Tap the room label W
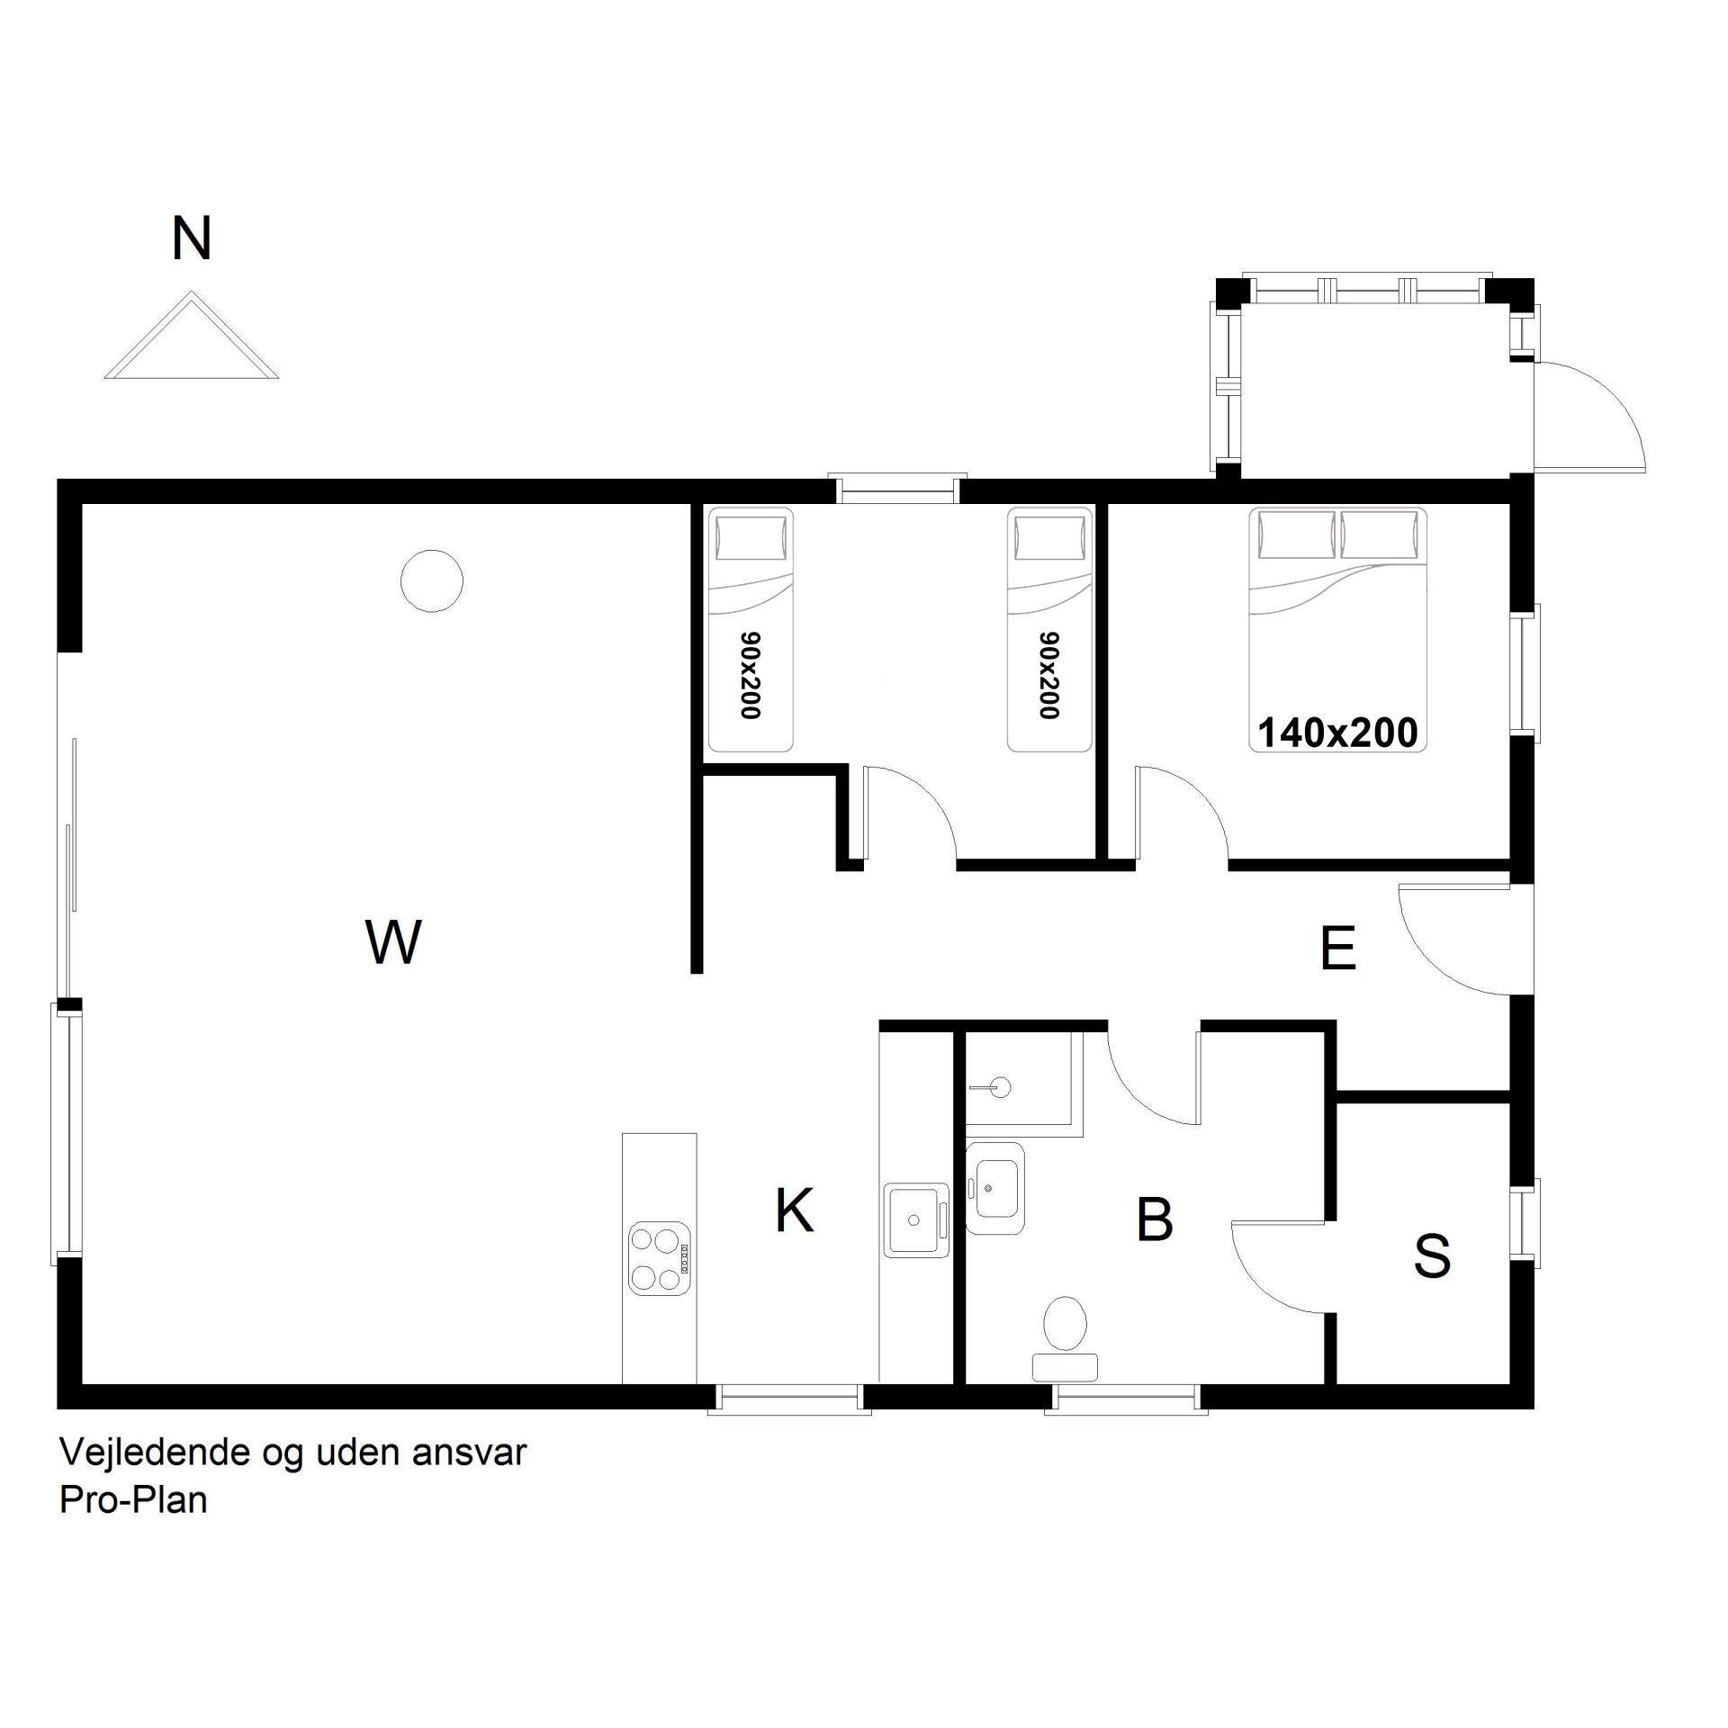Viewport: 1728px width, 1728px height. [394, 942]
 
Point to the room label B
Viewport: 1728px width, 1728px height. [1155, 1219]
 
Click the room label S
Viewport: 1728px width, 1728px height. [1432, 1255]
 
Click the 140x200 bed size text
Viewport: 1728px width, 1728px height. [1337, 733]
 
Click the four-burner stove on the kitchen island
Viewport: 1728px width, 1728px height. [659, 1258]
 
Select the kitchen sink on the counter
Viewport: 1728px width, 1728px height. [916, 1219]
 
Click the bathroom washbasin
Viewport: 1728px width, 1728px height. [994, 1188]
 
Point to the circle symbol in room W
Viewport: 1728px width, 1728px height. [432, 581]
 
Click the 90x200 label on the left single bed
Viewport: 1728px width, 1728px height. [750, 675]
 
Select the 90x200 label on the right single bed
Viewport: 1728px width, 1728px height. [1048, 675]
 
